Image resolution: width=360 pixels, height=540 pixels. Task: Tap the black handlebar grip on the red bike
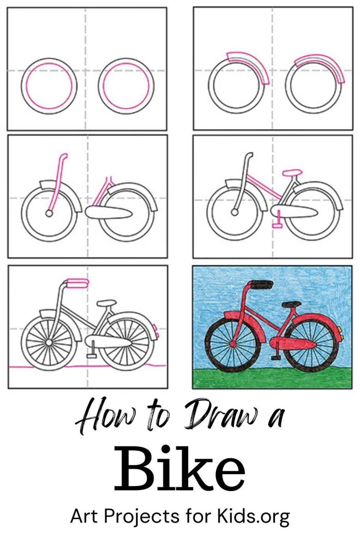[x=262, y=284]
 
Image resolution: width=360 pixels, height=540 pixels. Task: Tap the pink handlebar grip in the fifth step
[x=78, y=283]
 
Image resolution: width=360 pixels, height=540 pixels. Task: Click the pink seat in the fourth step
[x=292, y=172]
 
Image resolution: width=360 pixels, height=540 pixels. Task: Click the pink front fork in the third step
[x=57, y=184]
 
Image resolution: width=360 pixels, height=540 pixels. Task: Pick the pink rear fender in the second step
[x=321, y=66]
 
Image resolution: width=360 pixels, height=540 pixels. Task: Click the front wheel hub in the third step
[x=49, y=214]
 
